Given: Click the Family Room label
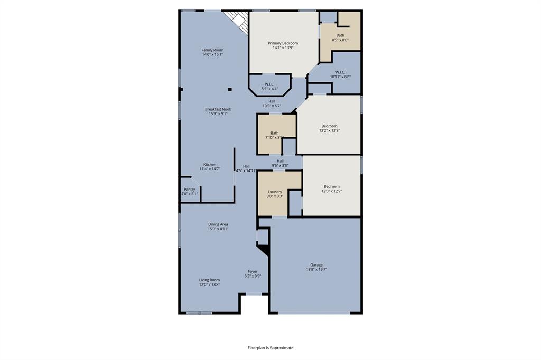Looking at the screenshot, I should (212, 50).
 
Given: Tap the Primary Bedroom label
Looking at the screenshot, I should (283, 43).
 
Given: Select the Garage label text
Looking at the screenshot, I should (316, 265).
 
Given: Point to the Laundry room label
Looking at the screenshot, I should (275, 192).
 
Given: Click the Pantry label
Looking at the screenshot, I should (189, 189).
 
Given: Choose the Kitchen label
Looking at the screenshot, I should (210, 164).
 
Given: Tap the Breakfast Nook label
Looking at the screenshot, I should (218, 109).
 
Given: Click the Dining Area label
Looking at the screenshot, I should (218, 224).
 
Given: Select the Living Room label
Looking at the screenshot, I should (209, 280).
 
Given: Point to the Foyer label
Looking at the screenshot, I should (253, 271).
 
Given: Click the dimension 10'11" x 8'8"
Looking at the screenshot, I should (340, 77).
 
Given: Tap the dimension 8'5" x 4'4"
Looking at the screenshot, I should (269, 89).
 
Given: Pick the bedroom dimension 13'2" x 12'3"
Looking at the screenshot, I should (329, 130).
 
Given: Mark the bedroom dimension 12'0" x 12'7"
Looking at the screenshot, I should (331, 191).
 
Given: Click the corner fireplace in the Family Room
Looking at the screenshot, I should (236, 21).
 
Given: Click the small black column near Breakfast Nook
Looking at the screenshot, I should (230, 89).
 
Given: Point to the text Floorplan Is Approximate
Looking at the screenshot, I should (270, 348).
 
